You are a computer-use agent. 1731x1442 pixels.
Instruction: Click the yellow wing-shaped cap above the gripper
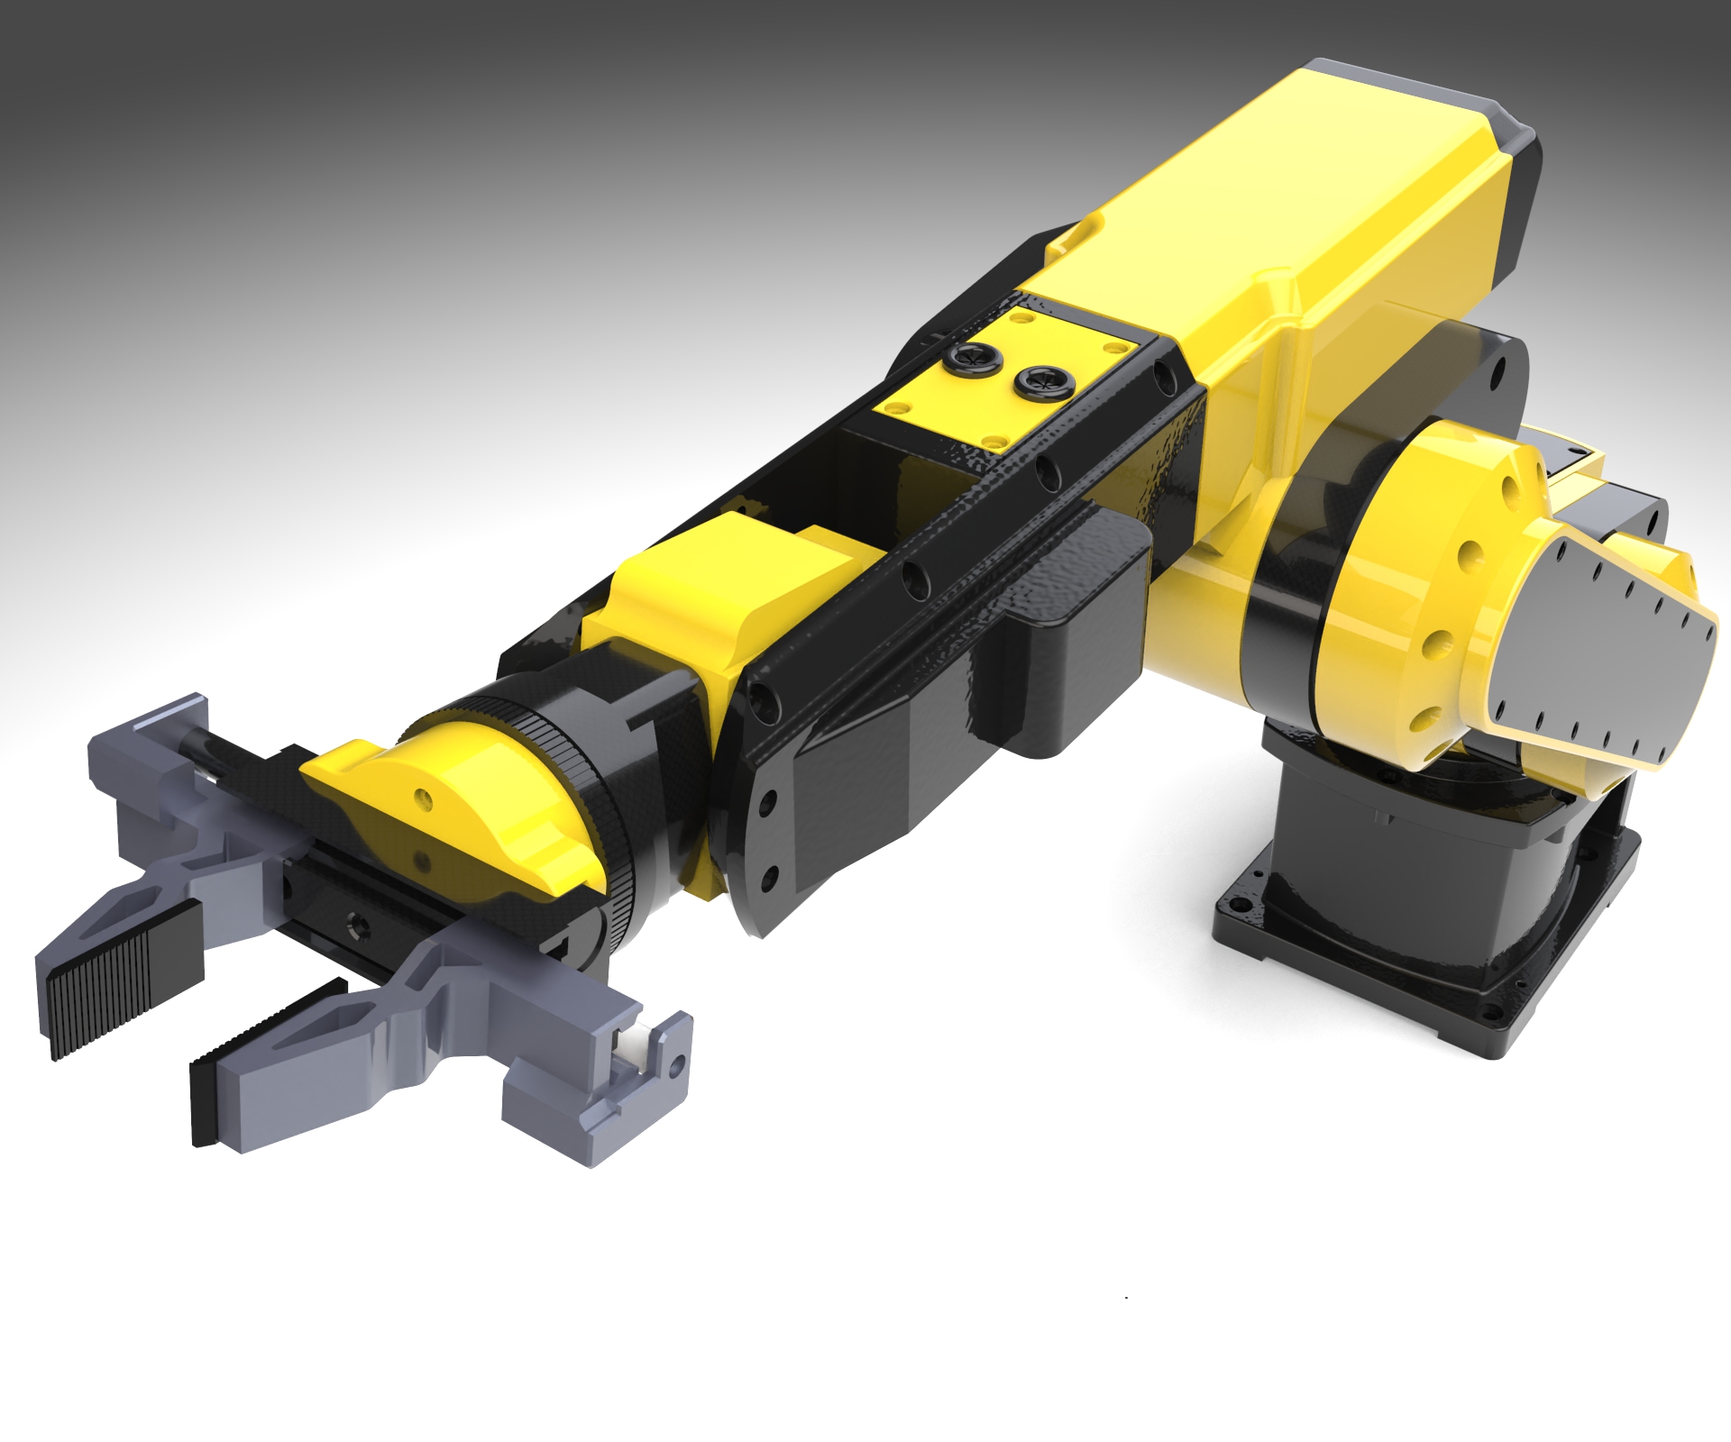pyautogui.click(x=451, y=811)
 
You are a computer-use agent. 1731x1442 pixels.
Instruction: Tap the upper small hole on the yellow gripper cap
pyautogui.click(x=422, y=798)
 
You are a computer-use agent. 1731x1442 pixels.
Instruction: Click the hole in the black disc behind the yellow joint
pyautogui.click(x=1497, y=369)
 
